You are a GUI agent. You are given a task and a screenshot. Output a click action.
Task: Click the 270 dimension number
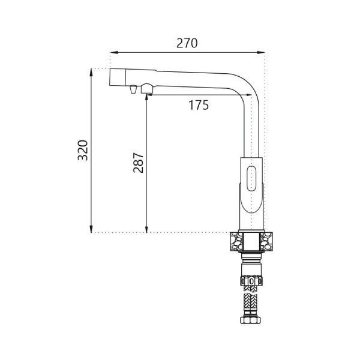click(187, 43)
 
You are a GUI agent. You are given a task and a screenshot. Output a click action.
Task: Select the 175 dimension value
click(199, 105)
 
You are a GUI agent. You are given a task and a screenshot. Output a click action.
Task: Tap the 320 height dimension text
click(83, 150)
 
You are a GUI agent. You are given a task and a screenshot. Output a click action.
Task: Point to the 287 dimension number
click(139, 163)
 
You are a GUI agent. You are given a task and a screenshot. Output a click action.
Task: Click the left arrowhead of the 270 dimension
click(114, 52)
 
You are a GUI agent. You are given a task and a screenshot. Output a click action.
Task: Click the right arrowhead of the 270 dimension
click(261, 52)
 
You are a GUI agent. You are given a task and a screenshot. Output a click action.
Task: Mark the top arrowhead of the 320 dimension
click(91, 73)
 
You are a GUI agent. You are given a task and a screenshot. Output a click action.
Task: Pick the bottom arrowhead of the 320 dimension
click(91, 229)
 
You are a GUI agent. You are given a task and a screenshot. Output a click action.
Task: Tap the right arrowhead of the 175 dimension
click(248, 95)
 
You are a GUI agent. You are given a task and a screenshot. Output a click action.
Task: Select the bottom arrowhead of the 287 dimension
click(146, 229)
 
